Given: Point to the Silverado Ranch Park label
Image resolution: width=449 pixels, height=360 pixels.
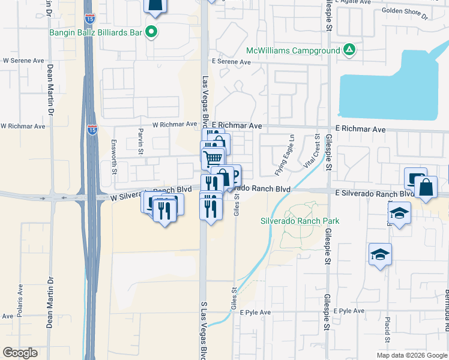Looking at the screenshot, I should (300, 221).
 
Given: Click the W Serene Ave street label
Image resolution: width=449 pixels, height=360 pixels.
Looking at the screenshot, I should (24, 61).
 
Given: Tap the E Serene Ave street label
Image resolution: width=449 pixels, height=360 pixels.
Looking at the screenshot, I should (230, 62).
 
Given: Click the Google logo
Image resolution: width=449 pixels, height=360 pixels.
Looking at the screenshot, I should (20, 353).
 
